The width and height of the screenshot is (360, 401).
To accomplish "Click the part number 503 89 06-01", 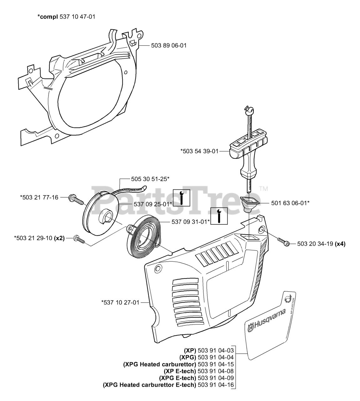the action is [x=169, y=45].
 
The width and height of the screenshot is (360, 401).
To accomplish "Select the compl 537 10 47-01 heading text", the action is [x=66, y=17].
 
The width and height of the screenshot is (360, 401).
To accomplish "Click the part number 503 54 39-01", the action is [x=199, y=151].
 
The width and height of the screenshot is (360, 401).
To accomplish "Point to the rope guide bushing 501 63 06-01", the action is [x=249, y=204].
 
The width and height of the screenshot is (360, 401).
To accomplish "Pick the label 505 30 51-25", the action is [x=150, y=179].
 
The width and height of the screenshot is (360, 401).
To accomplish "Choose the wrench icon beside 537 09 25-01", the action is [x=181, y=198].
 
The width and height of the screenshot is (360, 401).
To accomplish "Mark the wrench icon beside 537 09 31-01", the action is [x=219, y=216].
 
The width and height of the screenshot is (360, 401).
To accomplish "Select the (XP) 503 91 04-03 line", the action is [x=209, y=350].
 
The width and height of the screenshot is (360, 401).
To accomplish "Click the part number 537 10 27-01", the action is [x=120, y=302].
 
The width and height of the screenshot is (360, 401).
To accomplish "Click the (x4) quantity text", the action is [x=340, y=244].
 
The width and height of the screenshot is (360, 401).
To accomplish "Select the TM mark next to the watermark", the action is [x=264, y=189].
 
